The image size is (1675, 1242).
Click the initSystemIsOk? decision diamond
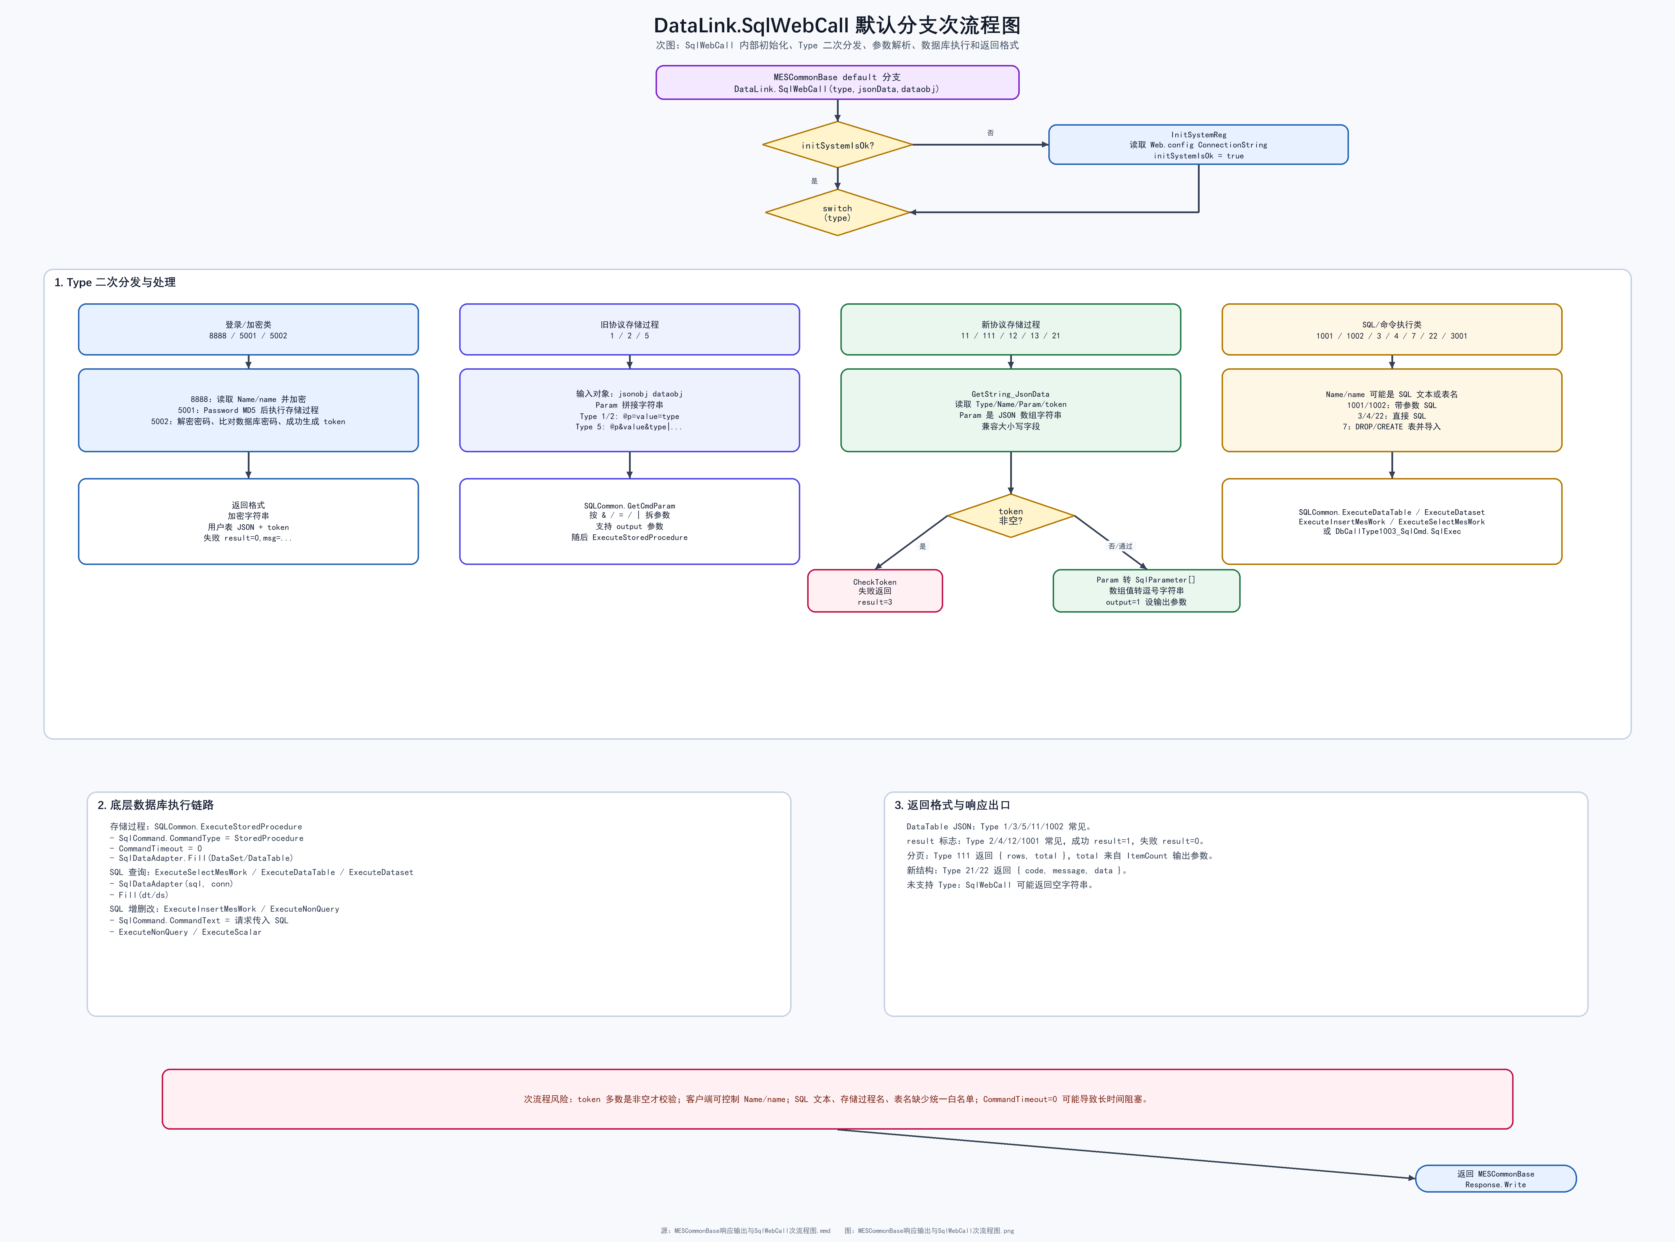pyautogui.click(x=837, y=145)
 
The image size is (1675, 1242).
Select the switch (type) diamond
pyautogui.click(x=837, y=213)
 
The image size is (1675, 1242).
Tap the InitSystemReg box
pyautogui.click(x=1198, y=144)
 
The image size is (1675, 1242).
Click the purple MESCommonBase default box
pyautogui.click(x=837, y=83)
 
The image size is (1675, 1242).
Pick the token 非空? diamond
pyautogui.click(x=1010, y=516)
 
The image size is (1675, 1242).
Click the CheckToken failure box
pyautogui.click(x=875, y=591)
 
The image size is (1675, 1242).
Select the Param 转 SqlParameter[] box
pyautogui.click(x=1147, y=591)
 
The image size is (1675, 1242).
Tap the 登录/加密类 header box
pyautogui.click(x=248, y=329)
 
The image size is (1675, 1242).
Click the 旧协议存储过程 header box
pyautogui.click(x=629, y=329)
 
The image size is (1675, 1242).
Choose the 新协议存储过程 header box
pyautogui.click(x=1010, y=329)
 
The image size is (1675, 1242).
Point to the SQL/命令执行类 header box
pyautogui.click(x=1392, y=329)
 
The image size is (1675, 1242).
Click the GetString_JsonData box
pyautogui.click(x=1010, y=410)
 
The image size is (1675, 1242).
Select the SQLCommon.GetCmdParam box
pyautogui.click(x=629, y=521)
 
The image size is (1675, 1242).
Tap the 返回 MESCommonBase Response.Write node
pyautogui.click(x=1495, y=1179)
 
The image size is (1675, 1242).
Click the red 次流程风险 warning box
pyautogui.click(x=837, y=1099)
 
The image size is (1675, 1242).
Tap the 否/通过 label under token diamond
pyautogui.click(x=1120, y=546)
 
